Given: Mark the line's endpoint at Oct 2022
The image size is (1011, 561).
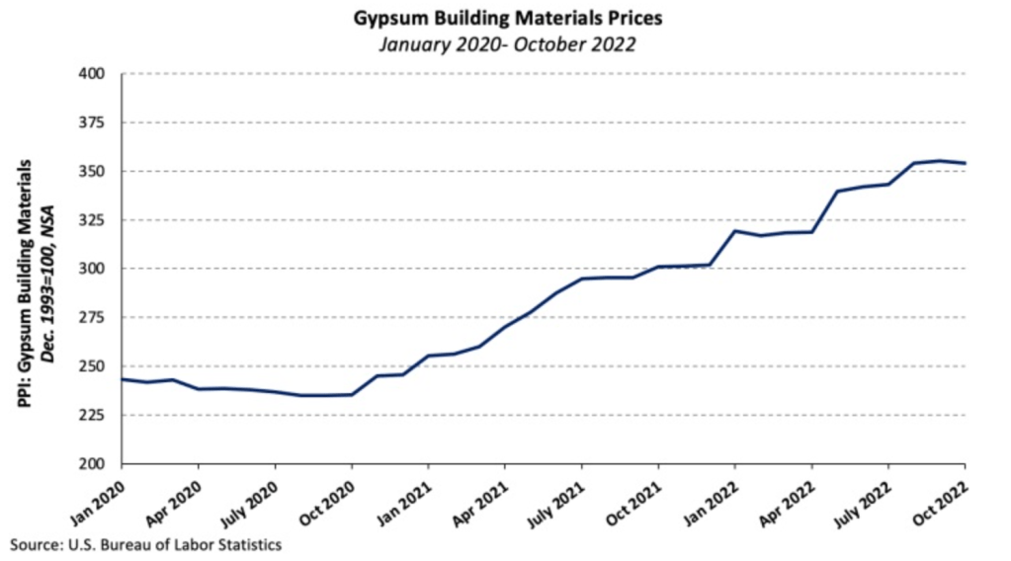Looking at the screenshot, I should pyautogui.click(x=965, y=163).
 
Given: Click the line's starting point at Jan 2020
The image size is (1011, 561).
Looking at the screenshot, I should pyautogui.click(x=122, y=379).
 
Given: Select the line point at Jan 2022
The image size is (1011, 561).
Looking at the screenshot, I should pyautogui.click(x=734, y=231).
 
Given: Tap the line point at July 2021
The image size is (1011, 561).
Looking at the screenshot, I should pyautogui.click(x=581, y=279).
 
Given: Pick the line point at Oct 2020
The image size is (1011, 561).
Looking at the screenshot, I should pyautogui.click(x=351, y=394).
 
